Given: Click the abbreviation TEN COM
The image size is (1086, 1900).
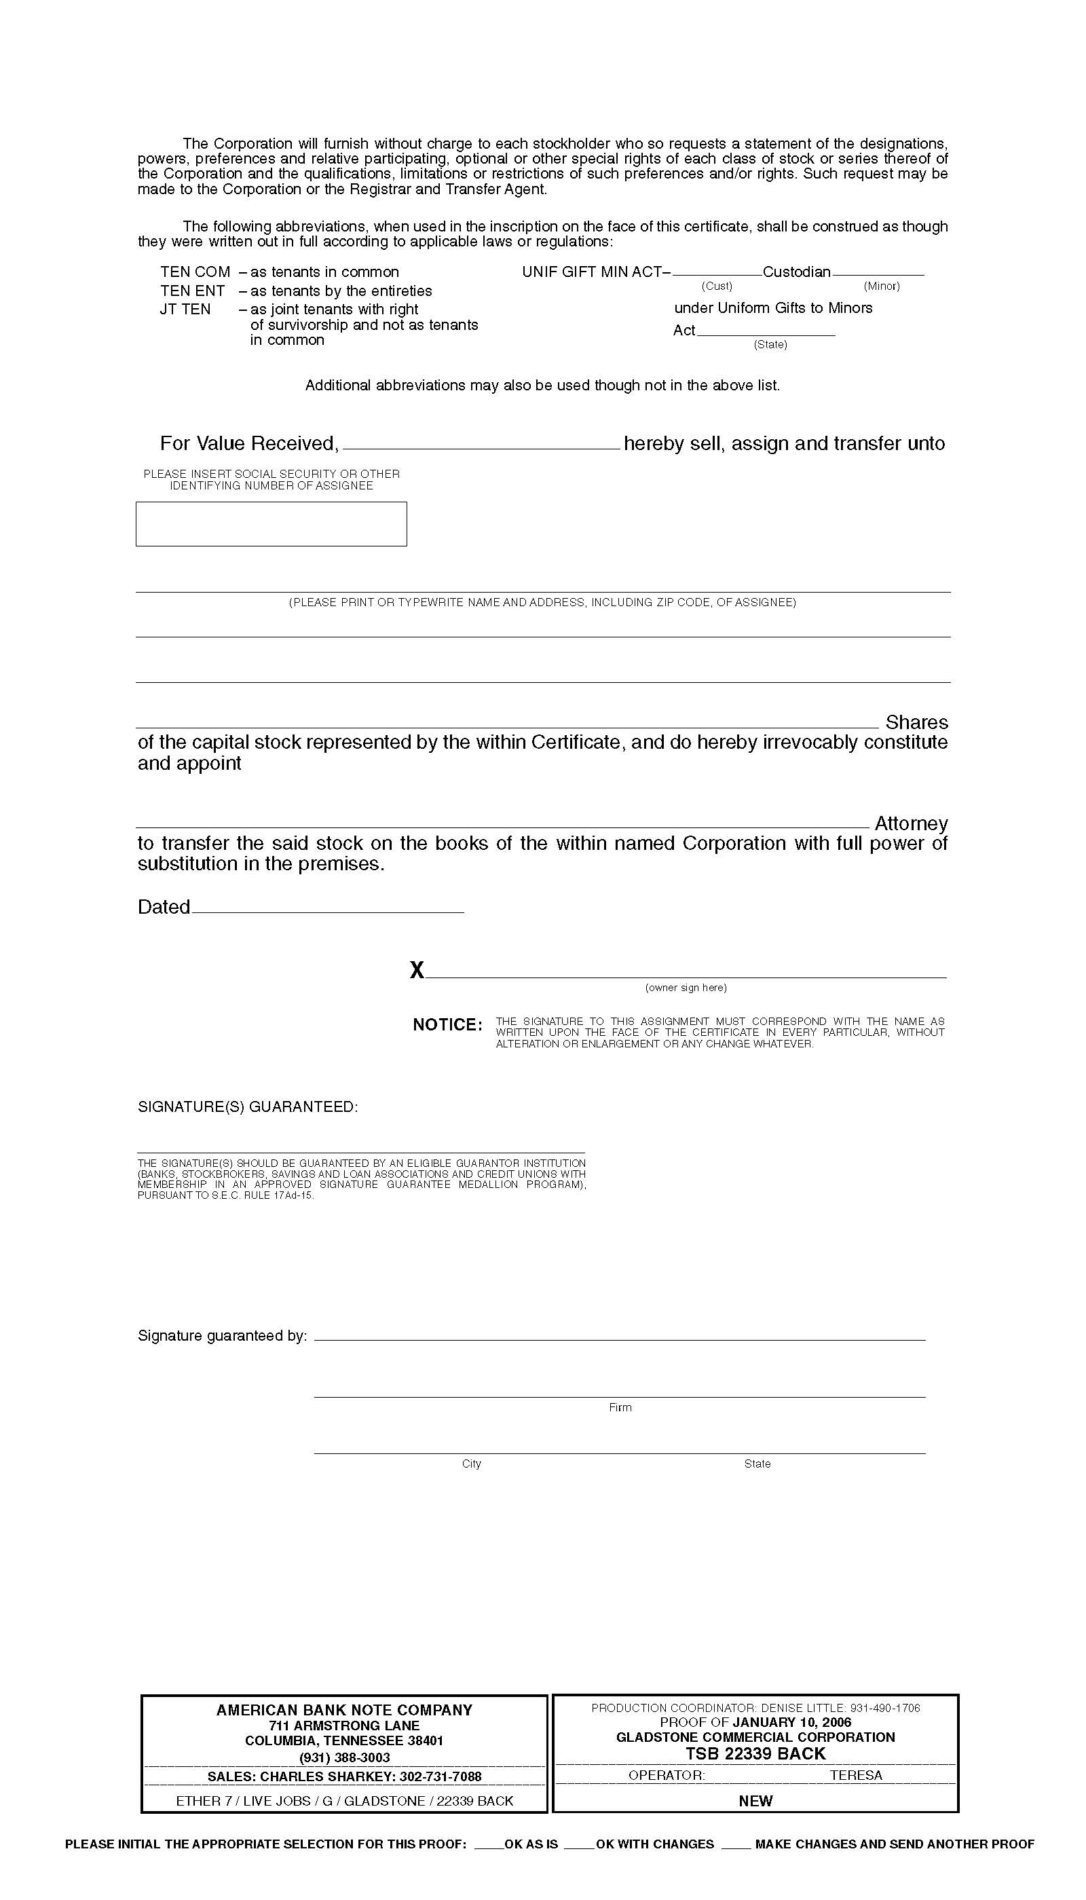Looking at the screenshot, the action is pyautogui.click(x=195, y=272).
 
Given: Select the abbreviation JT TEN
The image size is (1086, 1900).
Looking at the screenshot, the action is pyautogui.click(x=185, y=310).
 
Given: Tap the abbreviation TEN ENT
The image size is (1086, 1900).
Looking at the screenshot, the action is pyautogui.click(x=193, y=291).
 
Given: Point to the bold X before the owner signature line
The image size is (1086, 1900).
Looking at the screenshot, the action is pyautogui.click(x=417, y=970).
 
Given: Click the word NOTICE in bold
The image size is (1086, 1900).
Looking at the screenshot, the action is pyautogui.click(x=447, y=1025).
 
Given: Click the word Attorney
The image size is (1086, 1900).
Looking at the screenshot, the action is pyautogui.click(x=911, y=823).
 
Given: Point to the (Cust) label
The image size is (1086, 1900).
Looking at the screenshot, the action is pyautogui.click(x=717, y=286).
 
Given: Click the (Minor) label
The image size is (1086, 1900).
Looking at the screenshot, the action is pyautogui.click(x=882, y=286).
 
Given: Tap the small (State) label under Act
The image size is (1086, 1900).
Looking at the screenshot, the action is pyautogui.click(x=770, y=345).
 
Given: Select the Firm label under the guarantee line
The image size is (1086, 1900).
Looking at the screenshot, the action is pyautogui.click(x=620, y=1408).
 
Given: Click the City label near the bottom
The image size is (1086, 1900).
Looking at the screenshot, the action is pyautogui.click(x=472, y=1464).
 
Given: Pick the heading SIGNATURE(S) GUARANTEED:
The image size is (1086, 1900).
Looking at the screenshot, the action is pyautogui.click(x=248, y=1107).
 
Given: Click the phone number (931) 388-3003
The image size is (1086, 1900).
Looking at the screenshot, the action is pyautogui.click(x=345, y=1757).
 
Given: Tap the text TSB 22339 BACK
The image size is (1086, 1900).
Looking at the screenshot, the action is pyautogui.click(x=755, y=1754).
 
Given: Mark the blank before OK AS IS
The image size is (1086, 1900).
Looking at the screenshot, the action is pyautogui.click(x=489, y=1845).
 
